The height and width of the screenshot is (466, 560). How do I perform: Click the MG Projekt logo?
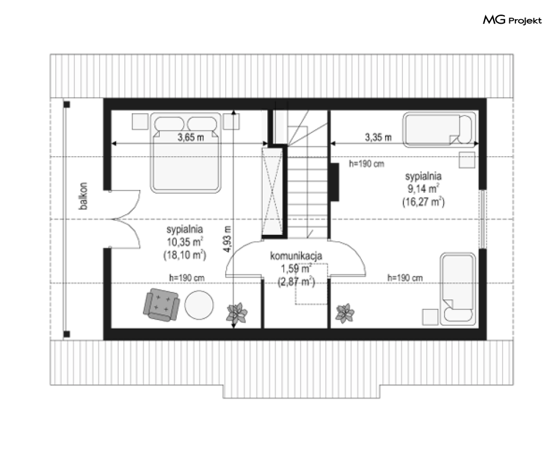click(x=512, y=20)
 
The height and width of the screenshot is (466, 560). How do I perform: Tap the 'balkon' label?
click(x=83, y=196)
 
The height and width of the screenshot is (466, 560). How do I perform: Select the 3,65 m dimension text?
click(x=191, y=137)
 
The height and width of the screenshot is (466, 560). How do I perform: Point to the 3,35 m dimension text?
click(x=378, y=137)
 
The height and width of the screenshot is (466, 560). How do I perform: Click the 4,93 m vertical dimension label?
click(x=227, y=239)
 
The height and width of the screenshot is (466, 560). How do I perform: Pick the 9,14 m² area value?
click(x=423, y=188)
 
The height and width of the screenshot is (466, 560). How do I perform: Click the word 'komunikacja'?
click(x=296, y=256)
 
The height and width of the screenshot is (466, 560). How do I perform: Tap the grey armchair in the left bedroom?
click(x=161, y=305)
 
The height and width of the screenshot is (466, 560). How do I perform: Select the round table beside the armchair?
click(x=199, y=305)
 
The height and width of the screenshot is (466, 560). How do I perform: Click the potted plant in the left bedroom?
click(x=236, y=313)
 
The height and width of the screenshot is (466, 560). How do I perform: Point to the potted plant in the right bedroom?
click(x=344, y=313)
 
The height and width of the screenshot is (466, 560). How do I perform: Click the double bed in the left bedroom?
click(x=186, y=153)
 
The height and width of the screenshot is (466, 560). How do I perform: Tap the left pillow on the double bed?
click(x=169, y=124)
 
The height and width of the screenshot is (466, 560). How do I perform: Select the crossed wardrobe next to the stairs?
click(x=272, y=192)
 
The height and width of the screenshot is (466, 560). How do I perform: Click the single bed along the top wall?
click(x=440, y=130)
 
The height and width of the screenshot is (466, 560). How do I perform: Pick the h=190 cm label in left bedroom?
click(x=187, y=278)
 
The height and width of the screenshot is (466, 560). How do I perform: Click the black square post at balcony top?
click(x=67, y=104)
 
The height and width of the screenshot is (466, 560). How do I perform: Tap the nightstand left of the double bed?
click(x=140, y=122)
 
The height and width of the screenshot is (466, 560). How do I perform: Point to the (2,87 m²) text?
click(x=297, y=282)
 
